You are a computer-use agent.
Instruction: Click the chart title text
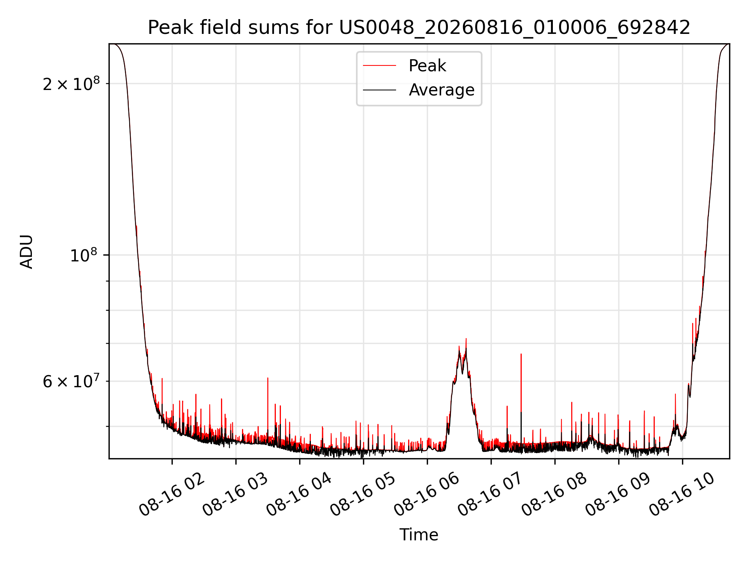(x=419, y=28)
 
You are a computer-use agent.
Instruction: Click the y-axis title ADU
(x=26, y=251)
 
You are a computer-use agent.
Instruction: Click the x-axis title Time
(x=419, y=535)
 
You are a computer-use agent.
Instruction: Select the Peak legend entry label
(x=427, y=65)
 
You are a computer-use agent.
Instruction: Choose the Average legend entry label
(x=442, y=90)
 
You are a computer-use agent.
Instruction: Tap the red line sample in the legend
(x=379, y=66)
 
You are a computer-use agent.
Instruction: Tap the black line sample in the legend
(x=379, y=90)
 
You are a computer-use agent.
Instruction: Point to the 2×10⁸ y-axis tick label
(x=71, y=83)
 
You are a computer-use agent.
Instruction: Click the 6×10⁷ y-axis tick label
(x=71, y=381)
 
